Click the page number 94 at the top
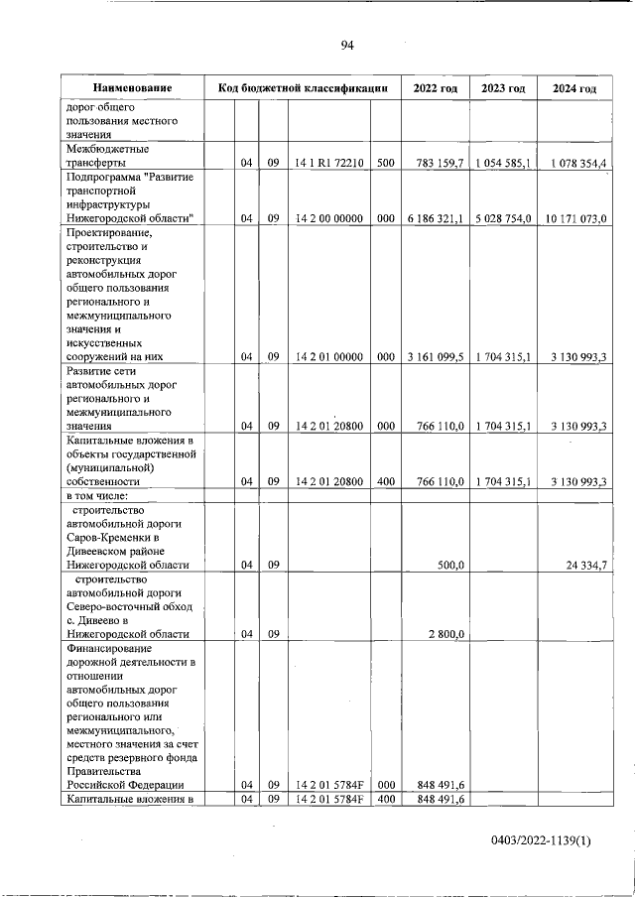coord(347,45)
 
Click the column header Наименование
coord(133,88)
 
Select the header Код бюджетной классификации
coord(303,88)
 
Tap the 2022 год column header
coord(435,88)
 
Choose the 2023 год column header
coord(502,88)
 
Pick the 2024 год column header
coord(574,88)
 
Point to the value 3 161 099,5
coord(436,357)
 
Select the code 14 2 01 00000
coord(329,357)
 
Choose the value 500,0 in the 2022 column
coord(451,565)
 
